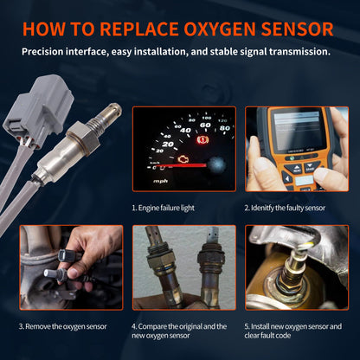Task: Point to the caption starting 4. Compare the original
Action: click(179, 331)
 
